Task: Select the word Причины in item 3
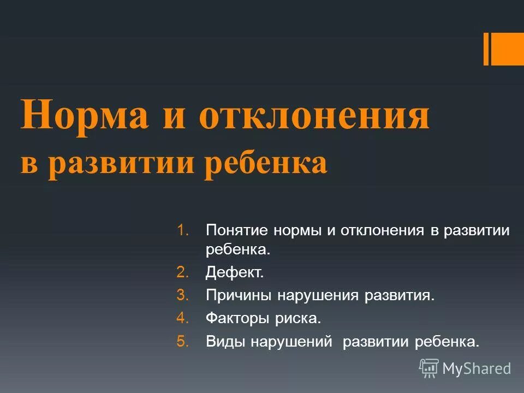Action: pyautogui.click(x=239, y=295)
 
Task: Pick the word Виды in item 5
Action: pyautogui.click(x=225, y=342)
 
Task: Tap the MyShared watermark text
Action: pyautogui.click(x=477, y=369)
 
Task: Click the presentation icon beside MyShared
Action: pyautogui.click(x=429, y=368)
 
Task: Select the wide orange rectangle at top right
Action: pyautogui.click(x=508, y=49)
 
